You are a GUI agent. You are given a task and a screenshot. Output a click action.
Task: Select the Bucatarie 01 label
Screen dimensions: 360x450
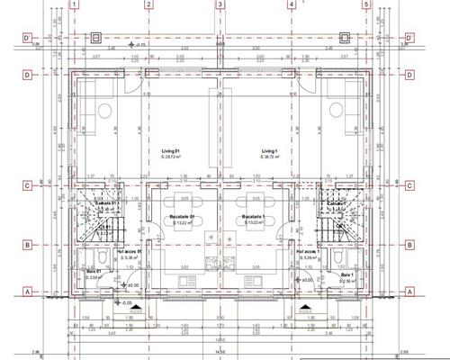(183, 217)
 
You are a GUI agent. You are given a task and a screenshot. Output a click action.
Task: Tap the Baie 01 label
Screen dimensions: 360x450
(94, 271)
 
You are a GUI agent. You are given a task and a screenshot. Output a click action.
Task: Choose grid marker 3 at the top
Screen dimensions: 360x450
(220, 4)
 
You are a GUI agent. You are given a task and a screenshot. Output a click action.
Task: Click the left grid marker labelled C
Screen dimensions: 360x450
(28, 186)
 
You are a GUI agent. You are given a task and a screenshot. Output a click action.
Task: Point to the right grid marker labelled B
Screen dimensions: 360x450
(409, 244)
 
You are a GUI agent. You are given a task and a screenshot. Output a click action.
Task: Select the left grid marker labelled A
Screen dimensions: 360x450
(28, 291)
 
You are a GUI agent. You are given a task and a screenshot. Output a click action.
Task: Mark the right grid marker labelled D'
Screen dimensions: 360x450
(409, 38)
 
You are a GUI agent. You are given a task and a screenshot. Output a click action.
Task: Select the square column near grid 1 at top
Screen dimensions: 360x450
(96, 38)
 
